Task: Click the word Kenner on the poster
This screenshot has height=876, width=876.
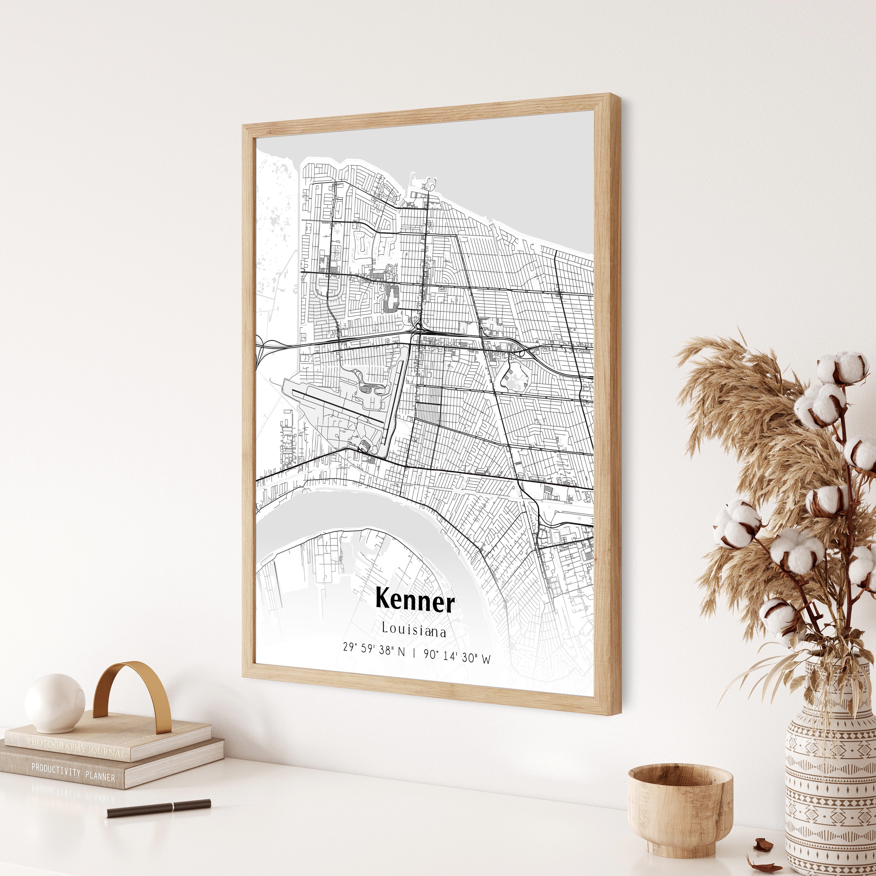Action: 414,600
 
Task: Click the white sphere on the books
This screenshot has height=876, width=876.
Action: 54,703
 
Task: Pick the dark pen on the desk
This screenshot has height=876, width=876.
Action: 159,809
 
